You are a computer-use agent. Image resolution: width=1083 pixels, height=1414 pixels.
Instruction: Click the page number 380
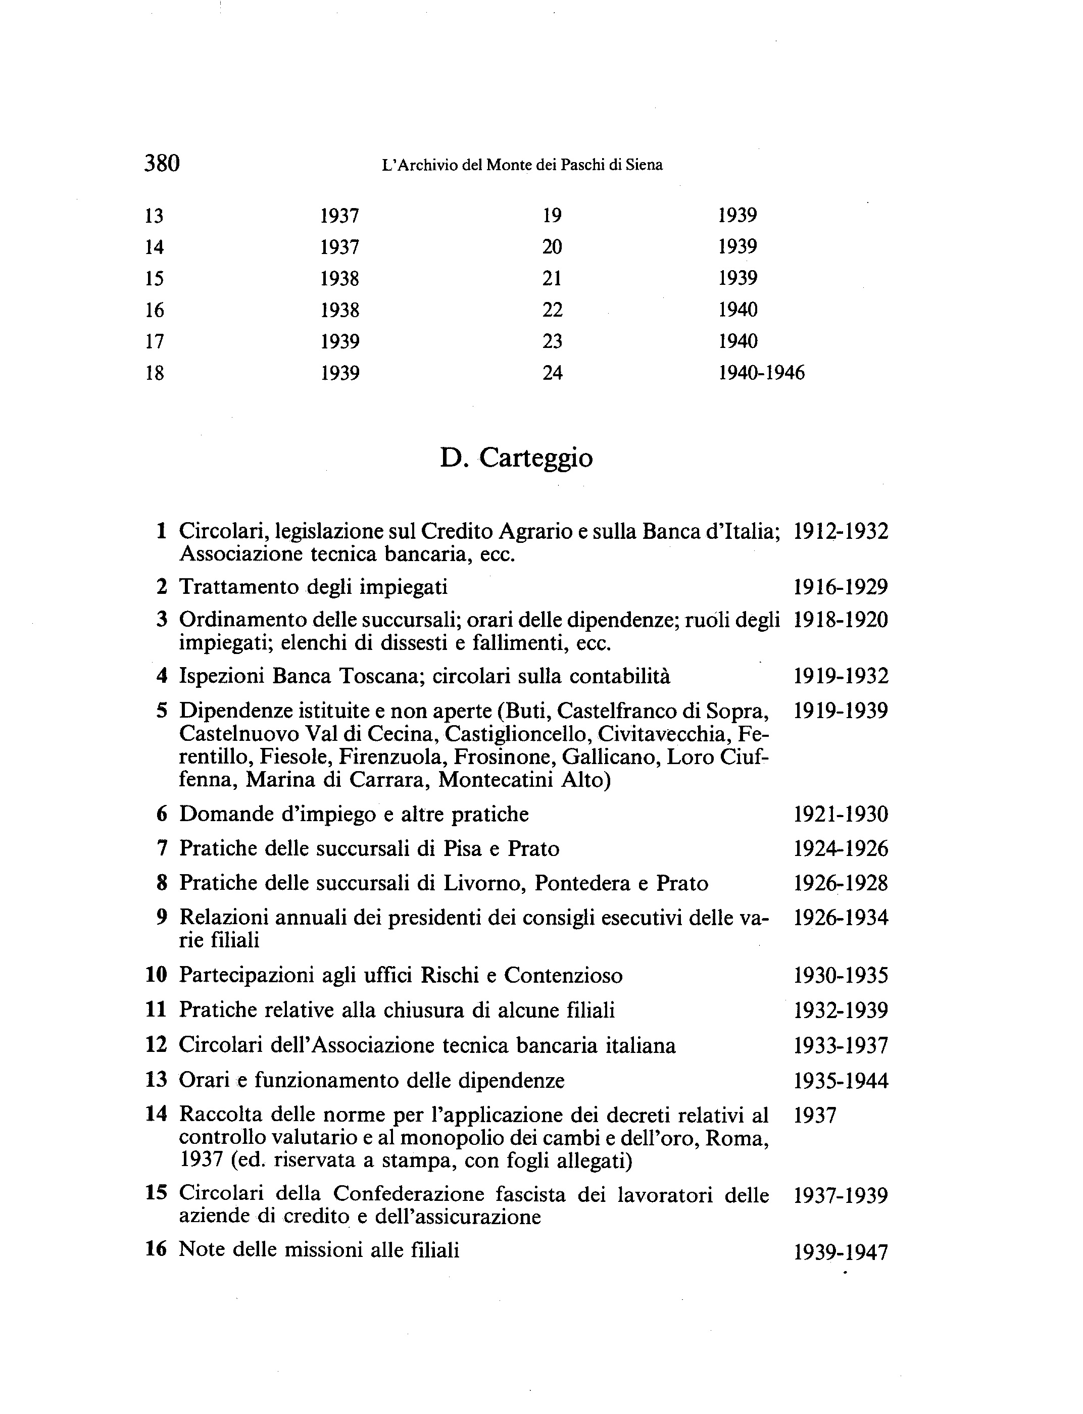[x=162, y=163]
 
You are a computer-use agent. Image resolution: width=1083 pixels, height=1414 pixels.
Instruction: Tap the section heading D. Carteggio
[x=516, y=458]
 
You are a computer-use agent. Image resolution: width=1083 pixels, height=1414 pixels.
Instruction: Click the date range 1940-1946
[x=761, y=373]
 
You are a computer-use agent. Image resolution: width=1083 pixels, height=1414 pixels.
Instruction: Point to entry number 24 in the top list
[x=553, y=373]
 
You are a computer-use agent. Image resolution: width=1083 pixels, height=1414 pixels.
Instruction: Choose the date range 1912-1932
[x=841, y=532]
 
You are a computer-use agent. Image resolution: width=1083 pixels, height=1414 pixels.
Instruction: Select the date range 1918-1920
[x=841, y=620]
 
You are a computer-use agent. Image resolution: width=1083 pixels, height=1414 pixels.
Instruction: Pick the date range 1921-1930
[x=841, y=815]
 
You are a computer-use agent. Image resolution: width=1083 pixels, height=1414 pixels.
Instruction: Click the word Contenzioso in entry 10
[x=563, y=976]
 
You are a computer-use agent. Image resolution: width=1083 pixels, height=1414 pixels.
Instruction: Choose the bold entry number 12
[x=157, y=1045]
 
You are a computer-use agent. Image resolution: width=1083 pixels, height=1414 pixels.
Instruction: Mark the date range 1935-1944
[x=841, y=1081]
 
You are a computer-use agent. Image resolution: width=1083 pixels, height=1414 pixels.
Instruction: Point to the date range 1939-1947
[x=841, y=1252]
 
